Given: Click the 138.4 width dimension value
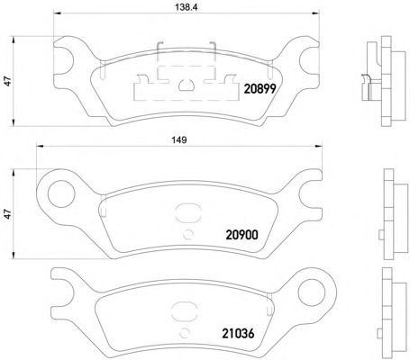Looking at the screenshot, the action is coord(186,7).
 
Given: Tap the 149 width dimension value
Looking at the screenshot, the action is coord(178,139).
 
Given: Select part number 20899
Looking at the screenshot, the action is coord(260,89).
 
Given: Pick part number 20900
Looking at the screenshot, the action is coord(241,235).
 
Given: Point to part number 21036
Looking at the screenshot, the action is coord(238,333).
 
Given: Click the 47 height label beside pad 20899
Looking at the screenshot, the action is coord(8,81).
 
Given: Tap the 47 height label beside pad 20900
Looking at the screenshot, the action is coord(8,214).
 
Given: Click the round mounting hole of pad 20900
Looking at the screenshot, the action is coord(61,193).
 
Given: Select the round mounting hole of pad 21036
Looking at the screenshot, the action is coord(312,292).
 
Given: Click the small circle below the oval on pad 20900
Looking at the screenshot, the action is coord(188,234).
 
